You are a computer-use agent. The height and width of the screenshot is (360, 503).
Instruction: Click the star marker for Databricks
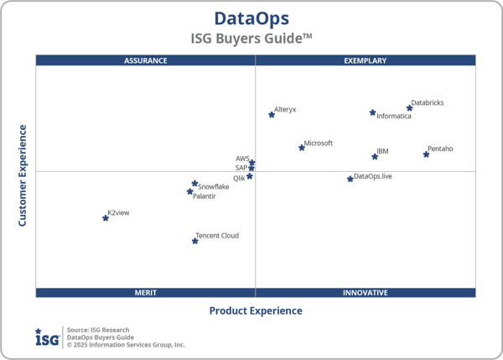point(409,107)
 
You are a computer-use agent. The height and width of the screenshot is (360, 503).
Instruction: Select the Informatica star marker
point(372,112)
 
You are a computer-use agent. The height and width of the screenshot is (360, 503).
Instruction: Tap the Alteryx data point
point(272,114)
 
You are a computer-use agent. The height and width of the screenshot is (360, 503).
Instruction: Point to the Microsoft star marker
point(302,148)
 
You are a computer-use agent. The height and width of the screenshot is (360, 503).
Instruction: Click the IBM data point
point(375,156)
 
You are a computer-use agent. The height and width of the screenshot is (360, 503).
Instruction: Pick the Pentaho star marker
point(426,154)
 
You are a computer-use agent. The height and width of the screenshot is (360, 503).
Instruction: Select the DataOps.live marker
point(350,179)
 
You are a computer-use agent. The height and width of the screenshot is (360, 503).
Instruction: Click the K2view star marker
point(106,217)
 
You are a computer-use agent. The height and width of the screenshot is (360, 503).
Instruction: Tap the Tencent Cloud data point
point(195,241)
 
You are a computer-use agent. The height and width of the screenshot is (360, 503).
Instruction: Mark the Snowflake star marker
point(194,183)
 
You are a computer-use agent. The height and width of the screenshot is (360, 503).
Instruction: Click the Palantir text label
point(205,196)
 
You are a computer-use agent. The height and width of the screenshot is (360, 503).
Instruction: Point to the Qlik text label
point(239,178)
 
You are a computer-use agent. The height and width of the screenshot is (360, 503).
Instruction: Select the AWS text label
point(242,159)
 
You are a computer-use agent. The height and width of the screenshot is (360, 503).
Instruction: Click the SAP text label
point(241,168)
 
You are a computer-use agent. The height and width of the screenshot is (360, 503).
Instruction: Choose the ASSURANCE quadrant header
point(145,60)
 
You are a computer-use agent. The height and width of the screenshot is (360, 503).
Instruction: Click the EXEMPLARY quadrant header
point(366,60)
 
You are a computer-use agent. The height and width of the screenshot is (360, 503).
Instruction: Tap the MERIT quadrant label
point(145,293)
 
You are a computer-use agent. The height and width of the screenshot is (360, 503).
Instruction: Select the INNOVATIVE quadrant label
point(366,293)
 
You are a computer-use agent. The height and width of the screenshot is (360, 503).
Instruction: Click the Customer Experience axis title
point(23,175)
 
